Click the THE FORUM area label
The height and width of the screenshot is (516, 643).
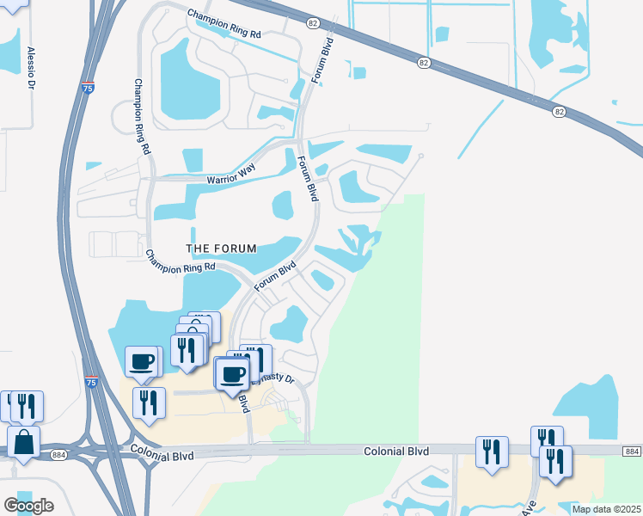[x=222, y=249]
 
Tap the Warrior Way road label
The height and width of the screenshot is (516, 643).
[x=232, y=180]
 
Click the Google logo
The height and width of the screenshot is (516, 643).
[x=28, y=506]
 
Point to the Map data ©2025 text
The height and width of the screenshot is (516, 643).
[x=606, y=509]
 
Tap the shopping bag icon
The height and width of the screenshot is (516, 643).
[x=24, y=443]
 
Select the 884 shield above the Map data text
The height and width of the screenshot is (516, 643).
[x=631, y=451]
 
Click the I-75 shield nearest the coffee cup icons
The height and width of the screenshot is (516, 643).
[x=92, y=379]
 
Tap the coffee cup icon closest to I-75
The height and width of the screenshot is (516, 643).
[x=142, y=362]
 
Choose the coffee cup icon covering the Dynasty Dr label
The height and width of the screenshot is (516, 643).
[x=232, y=374]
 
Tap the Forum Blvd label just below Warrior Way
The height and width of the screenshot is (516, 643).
[x=308, y=179]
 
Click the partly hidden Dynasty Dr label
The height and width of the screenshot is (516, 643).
[x=277, y=378]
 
